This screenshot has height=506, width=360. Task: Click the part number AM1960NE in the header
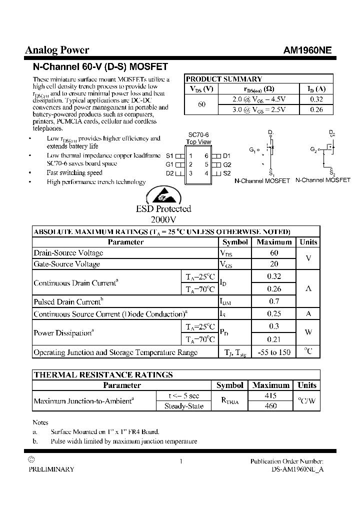(307, 50)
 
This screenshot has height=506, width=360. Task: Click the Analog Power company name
(57, 50)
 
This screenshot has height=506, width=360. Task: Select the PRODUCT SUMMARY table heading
(224, 79)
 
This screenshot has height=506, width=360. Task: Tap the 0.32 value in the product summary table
(316, 99)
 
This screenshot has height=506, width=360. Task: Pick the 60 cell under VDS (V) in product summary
(201, 104)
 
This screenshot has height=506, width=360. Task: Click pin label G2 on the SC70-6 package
(227, 164)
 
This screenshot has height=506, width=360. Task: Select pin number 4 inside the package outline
(206, 173)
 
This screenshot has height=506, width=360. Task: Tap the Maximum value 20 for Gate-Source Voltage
(274, 264)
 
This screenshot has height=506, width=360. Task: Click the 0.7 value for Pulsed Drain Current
(274, 301)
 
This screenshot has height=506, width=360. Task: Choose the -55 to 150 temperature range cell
(274, 352)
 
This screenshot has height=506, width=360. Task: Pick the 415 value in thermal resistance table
(270, 395)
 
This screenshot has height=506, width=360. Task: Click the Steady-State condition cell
(184, 406)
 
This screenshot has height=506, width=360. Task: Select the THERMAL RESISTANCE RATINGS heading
(103, 374)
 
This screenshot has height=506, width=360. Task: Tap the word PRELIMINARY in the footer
(51, 469)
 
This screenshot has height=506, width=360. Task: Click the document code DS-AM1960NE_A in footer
(297, 469)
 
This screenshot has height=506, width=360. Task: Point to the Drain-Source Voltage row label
(68, 253)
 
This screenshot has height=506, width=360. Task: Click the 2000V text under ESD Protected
(163, 219)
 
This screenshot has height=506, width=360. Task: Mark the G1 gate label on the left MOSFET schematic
(252, 149)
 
